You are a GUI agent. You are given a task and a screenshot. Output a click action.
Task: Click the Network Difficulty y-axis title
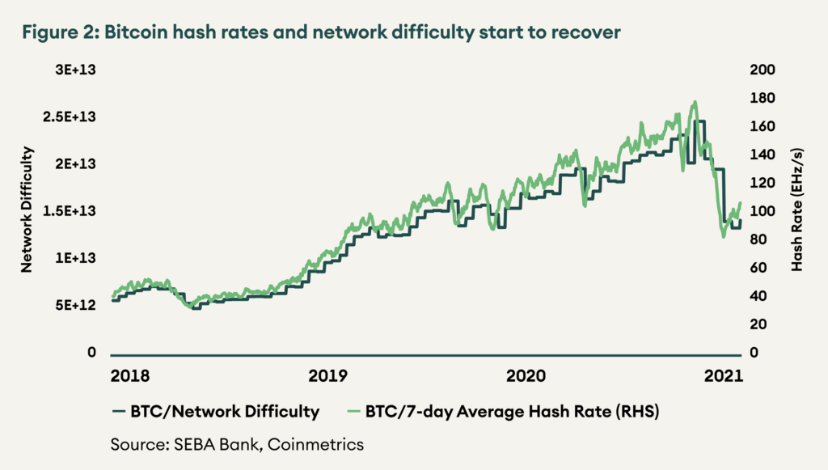tap(27, 210)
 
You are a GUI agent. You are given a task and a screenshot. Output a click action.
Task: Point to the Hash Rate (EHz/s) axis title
tap(797, 210)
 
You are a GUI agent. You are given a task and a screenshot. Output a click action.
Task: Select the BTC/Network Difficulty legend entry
tap(215, 412)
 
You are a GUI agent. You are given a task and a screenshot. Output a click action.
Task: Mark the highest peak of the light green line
tap(695, 103)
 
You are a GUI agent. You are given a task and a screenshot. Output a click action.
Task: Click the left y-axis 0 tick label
tap(93, 354)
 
